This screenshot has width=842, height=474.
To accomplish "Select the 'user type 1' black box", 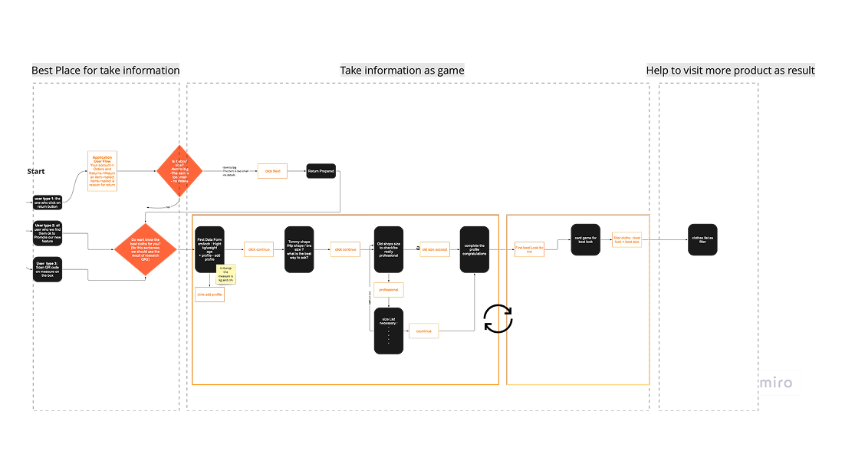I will pyautogui.click(x=51, y=202).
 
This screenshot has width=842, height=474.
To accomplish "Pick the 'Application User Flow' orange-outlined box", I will pyautogui.click(x=102, y=172).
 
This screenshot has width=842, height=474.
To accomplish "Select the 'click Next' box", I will pyautogui.click(x=272, y=170).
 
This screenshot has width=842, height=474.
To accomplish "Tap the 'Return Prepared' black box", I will pyautogui.click(x=321, y=170).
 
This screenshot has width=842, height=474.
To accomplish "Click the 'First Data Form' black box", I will pyautogui.click(x=209, y=249).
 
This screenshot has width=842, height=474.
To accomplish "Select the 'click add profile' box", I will pyautogui.click(x=209, y=295).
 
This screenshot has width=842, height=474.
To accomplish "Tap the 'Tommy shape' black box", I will pyautogui.click(x=298, y=249).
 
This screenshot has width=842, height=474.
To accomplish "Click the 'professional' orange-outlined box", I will pyautogui.click(x=389, y=290).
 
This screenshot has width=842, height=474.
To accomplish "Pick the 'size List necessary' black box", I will pyautogui.click(x=389, y=331).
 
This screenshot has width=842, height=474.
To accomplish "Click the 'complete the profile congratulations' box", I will pyautogui.click(x=475, y=249).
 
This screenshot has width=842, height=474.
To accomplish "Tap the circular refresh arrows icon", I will pyautogui.click(x=498, y=318).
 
